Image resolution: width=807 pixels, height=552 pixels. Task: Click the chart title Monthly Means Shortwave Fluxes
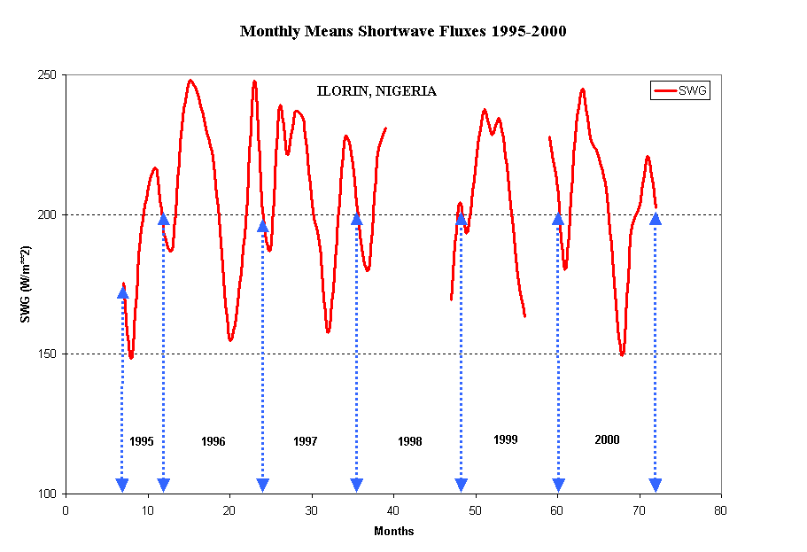tap(403, 32)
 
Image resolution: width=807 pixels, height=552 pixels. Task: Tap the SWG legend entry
tap(680, 90)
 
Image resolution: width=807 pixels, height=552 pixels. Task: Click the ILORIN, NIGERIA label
tap(376, 91)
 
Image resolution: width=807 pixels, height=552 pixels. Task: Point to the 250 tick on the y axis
tap(47, 75)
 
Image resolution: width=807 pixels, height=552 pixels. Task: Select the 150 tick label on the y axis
tap(47, 354)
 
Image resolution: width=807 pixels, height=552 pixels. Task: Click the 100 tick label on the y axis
tap(47, 494)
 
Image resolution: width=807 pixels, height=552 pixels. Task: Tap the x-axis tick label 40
tap(393, 510)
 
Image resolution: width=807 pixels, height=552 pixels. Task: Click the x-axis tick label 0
tap(66, 510)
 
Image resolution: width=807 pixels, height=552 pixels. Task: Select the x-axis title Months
tap(393, 532)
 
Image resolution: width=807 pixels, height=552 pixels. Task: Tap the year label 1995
tap(142, 441)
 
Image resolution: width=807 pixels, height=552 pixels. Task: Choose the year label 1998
tap(409, 441)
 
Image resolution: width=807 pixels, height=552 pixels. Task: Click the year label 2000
tap(607, 439)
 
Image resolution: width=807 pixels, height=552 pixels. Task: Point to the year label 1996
tap(213, 441)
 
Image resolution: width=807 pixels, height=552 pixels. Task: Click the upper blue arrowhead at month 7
tap(122, 292)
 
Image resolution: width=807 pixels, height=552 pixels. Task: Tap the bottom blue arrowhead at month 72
tap(655, 485)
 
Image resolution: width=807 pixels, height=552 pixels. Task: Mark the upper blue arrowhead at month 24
tap(263, 226)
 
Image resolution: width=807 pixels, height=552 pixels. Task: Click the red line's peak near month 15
tap(190, 81)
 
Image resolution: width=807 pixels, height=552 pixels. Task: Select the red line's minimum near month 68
tap(622, 354)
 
